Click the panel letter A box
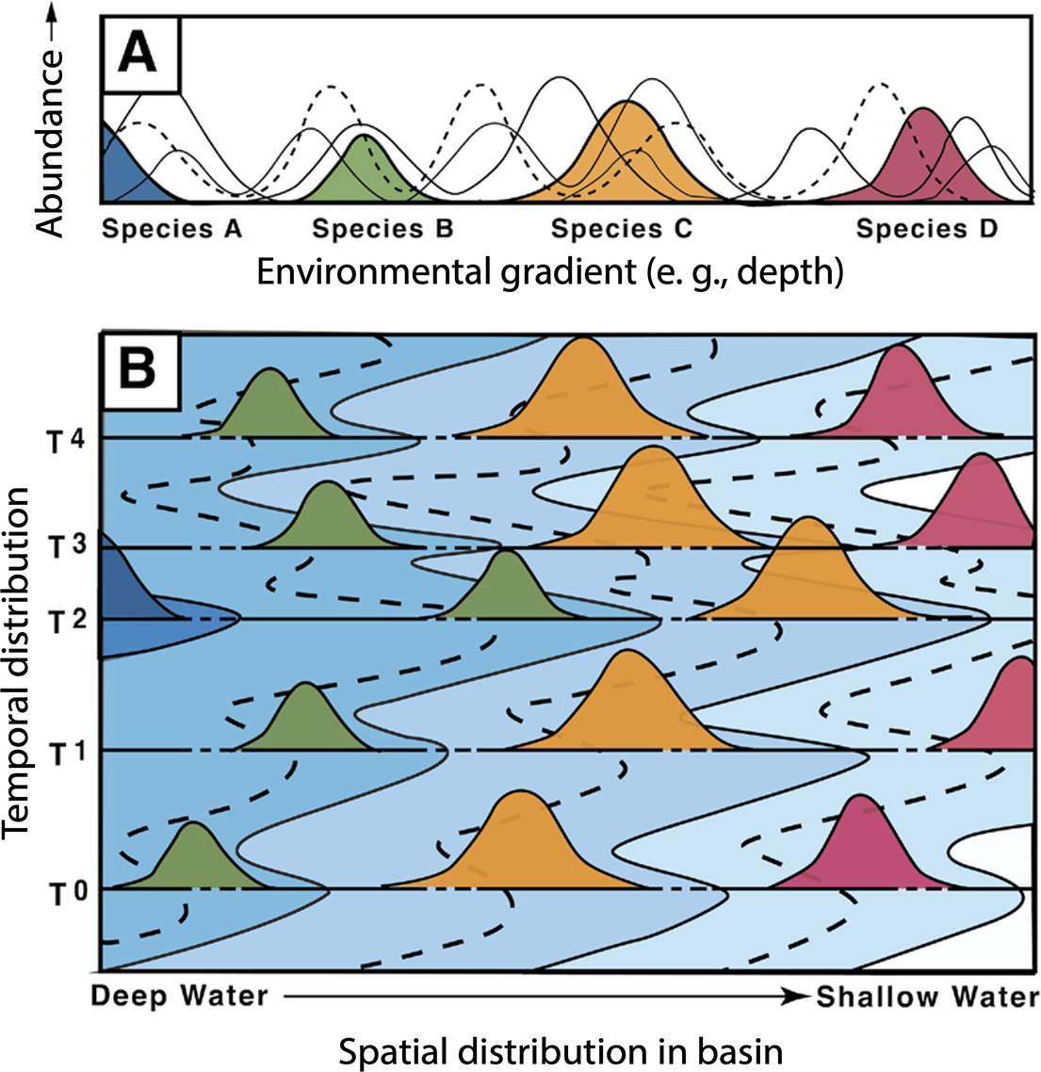[x=138, y=54]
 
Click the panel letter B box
[x=139, y=371]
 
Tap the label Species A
[x=171, y=229]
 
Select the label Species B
[x=382, y=229]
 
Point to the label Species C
[x=622, y=229]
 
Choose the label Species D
[x=926, y=229]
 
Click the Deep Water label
[x=179, y=997]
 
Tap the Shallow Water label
[x=927, y=997]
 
